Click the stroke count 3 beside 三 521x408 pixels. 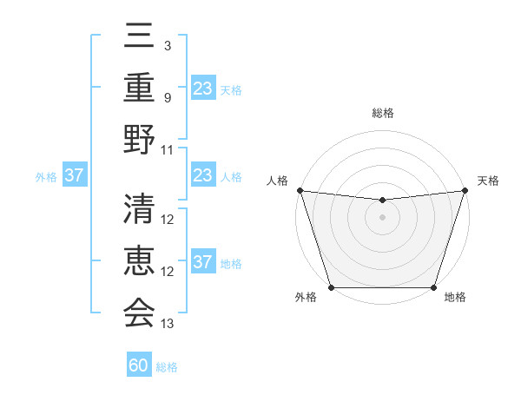(167, 45)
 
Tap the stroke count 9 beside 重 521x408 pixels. (167, 97)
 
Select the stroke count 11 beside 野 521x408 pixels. (168, 149)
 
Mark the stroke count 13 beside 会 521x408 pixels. (168, 324)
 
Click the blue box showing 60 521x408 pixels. (139, 365)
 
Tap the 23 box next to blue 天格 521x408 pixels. (203, 88)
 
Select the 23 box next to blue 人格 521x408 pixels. (203, 175)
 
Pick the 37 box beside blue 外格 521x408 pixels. (74, 175)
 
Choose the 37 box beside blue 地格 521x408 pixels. (203, 262)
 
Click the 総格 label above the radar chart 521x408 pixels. (382, 113)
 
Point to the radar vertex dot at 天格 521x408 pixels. (465, 190)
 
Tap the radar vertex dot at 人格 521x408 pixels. (300, 190)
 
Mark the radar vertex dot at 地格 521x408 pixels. (433, 287)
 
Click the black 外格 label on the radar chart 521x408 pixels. (306, 298)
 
